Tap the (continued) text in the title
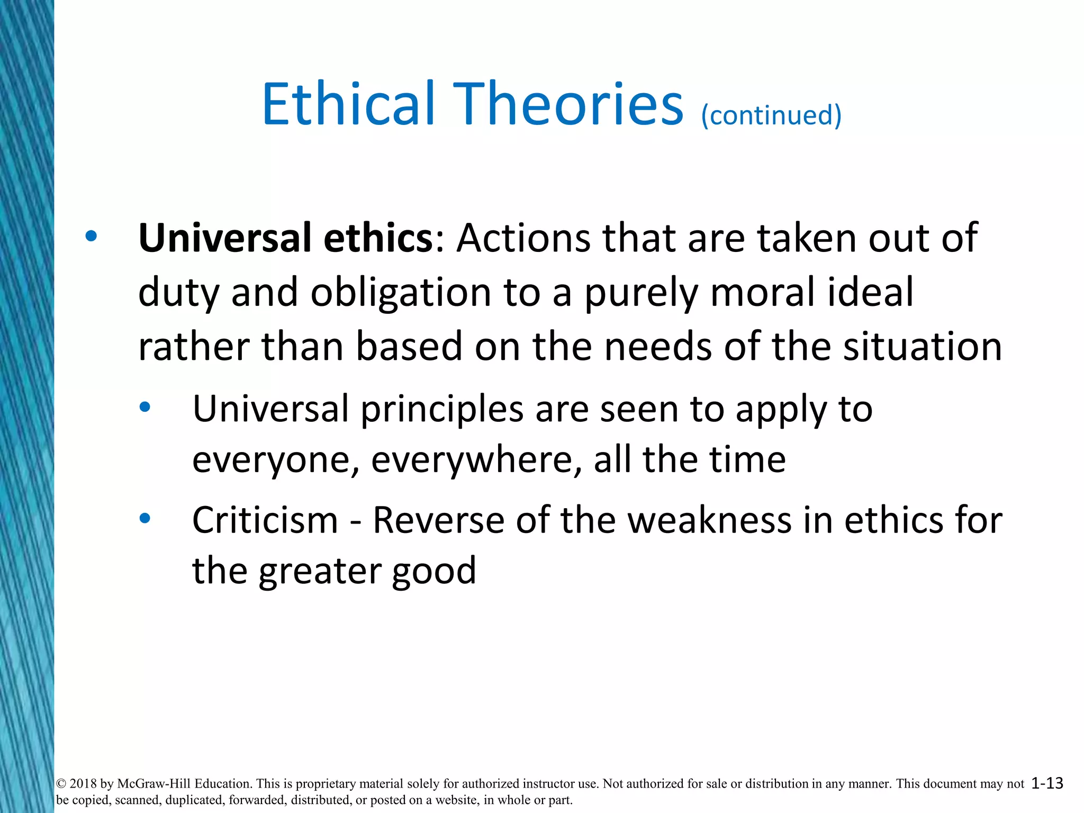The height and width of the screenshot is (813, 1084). point(771,115)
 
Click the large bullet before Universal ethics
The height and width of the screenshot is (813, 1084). point(92,237)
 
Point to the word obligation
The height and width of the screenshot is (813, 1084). point(401,293)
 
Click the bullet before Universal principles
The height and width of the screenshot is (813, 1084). point(145,408)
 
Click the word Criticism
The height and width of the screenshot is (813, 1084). point(265,520)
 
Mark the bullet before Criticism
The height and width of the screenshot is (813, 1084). point(145,519)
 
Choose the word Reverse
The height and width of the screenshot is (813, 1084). point(439,520)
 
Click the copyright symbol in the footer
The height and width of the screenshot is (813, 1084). point(61,784)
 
